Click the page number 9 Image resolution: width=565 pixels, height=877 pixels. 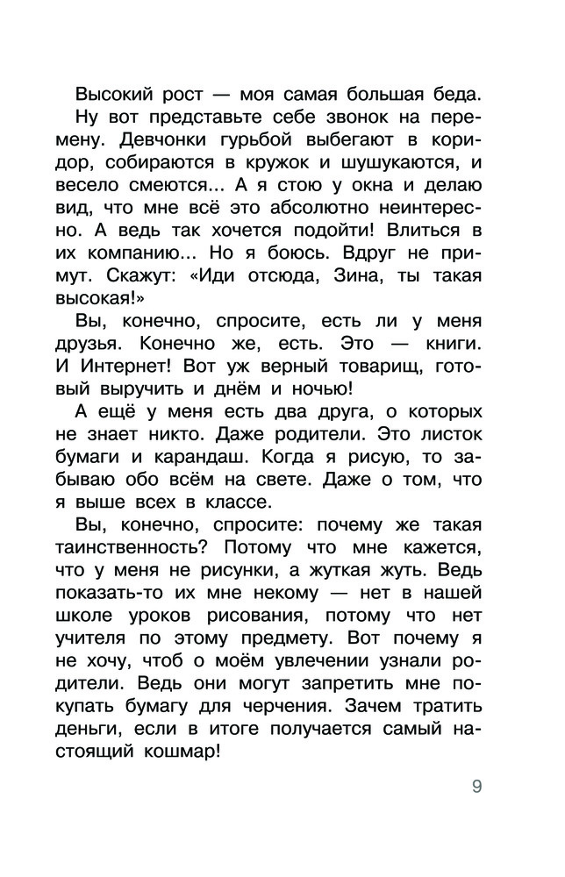click(476, 785)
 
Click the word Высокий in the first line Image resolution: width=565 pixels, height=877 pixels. click(113, 94)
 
